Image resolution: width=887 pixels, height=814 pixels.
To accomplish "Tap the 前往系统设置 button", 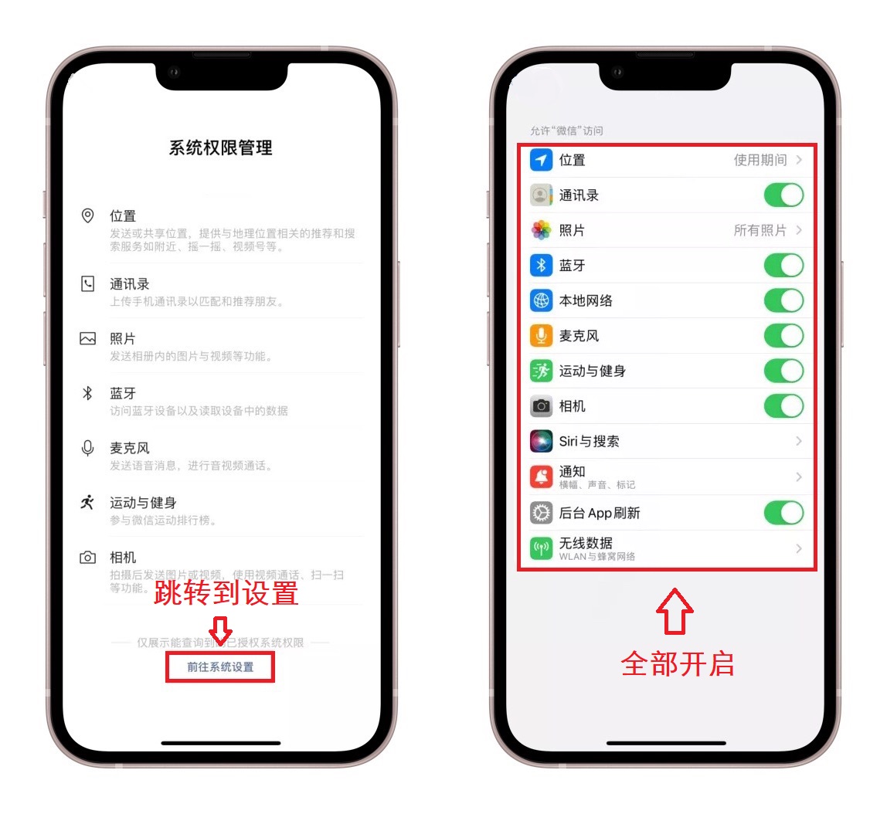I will pyautogui.click(x=220, y=666).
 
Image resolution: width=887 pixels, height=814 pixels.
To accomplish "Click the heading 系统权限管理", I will pyautogui.click(x=220, y=148).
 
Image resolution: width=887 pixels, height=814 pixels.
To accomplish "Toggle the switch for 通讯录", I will pyautogui.click(x=783, y=195).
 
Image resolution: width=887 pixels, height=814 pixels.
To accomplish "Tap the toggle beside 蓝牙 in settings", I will pyautogui.click(x=783, y=266).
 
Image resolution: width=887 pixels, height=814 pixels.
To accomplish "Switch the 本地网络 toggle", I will pyautogui.click(x=783, y=300).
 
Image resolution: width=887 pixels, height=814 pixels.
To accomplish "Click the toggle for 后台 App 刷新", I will pyautogui.click(x=783, y=513).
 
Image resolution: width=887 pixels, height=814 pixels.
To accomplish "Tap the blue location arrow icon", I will pyautogui.click(x=541, y=160).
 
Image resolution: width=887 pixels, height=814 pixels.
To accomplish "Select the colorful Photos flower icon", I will pyautogui.click(x=541, y=230).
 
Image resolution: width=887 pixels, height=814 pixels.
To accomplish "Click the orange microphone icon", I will pyautogui.click(x=541, y=336).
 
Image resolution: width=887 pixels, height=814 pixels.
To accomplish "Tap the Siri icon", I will pyautogui.click(x=541, y=442).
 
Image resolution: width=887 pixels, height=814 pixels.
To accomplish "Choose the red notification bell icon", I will pyautogui.click(x=541, y=477).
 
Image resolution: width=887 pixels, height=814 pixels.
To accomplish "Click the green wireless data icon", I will pyautogui.click(x=541, y=548).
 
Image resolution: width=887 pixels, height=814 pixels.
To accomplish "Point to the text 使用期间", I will pyautogui.click(x=760, y=160).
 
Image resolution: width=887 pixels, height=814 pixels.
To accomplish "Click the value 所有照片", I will pyautogui.click(x=760, y=230).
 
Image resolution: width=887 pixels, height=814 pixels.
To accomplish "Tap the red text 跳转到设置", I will pyautogui.click(x=226, y=593).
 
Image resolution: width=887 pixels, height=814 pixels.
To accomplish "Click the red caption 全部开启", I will pyautogui.click(x=677, y=663).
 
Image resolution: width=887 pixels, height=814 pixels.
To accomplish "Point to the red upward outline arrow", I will pyautogui.click(x=675, y=612).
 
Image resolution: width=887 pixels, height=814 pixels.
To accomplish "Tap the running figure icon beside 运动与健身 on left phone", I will pyautogui.click(x=88, y=503).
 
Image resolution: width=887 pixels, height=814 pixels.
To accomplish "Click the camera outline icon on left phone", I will pyautogui.click(x=88, y=558).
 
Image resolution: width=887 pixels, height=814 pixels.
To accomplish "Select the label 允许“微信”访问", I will pyautogui.click(x=566, y=131).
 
